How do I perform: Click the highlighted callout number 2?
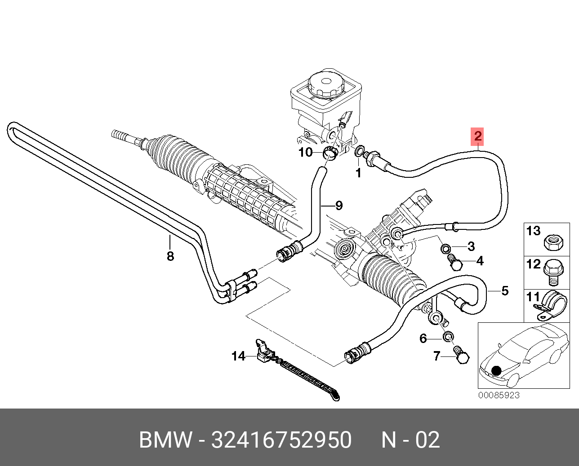point(477,136)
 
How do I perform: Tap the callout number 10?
point(305,153)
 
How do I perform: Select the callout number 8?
point(170,256)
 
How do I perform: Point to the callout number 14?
point(238,356)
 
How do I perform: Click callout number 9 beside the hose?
point(339,206)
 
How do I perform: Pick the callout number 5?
point(504,291)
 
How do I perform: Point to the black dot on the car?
point(496,370)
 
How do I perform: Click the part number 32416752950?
point(281,440)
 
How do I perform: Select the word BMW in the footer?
point(165,440)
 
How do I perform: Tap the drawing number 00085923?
point(499,395)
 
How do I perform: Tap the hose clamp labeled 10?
point(331,153)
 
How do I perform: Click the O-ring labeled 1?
point(360,151)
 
